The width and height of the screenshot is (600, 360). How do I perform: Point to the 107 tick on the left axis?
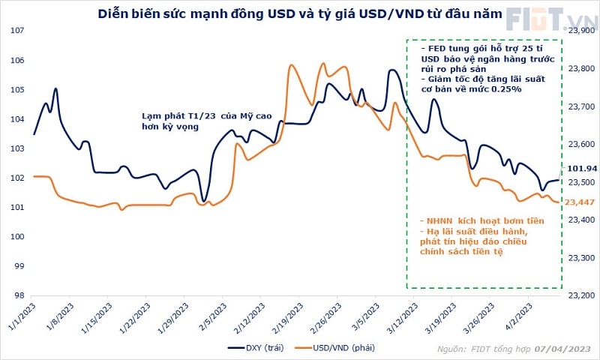point(15,31)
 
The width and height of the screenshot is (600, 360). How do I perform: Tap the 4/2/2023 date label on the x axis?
point(521,315)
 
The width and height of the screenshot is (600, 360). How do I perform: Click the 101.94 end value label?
point(582,169)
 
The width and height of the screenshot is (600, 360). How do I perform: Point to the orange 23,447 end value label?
point(580,202)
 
